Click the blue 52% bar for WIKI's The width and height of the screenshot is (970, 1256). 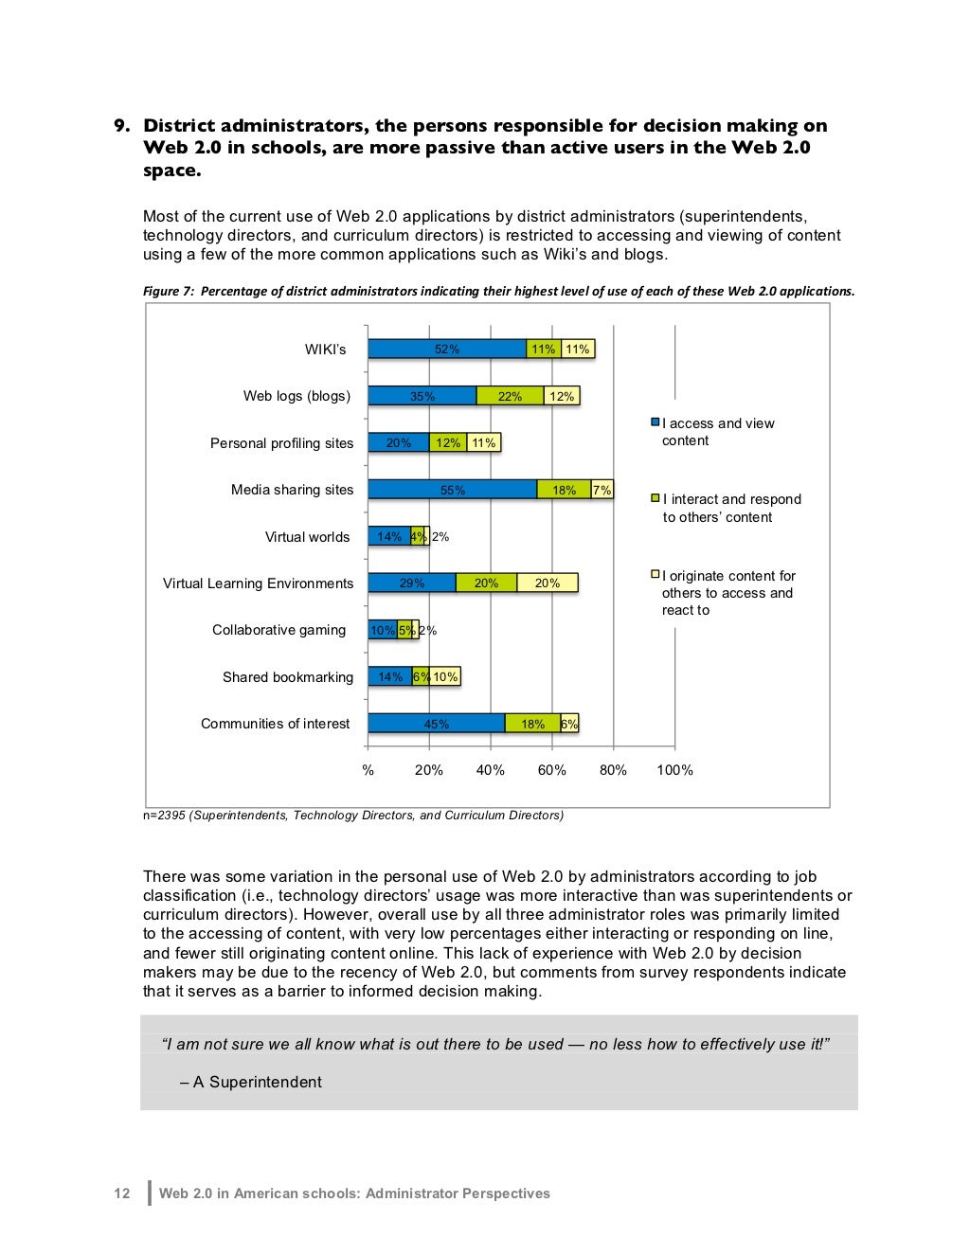click(x=447, y=349)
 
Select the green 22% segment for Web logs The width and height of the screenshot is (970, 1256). click(x=510, y=396)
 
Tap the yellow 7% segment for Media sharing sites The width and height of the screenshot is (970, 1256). click(x=602, y=490)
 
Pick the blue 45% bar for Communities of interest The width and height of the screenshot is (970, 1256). click(x=436, y=724)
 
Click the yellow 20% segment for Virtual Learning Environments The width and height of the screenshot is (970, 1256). click(x=548, y=583)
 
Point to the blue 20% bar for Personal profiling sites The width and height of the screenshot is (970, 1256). click(x=399, y=442)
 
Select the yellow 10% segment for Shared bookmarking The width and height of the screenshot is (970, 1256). click(x=445, y=676)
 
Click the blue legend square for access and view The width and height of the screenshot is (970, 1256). click(x=655, y=422)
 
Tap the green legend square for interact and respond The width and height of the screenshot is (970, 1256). click(x=655, y=498)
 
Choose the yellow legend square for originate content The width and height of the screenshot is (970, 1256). click(x=655, y=574)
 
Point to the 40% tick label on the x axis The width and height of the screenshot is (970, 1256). click(x=490, y=770)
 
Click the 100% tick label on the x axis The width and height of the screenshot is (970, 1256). click(x=674, y=770)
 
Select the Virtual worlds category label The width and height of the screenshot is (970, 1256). click(x=307, y=537)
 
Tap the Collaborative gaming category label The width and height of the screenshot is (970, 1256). click(x=278, y=630)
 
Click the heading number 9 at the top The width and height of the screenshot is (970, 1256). click(x=120, y=126)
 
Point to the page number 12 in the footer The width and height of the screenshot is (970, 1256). click(x=122, y=1193)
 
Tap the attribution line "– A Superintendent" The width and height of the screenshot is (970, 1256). click(x=251, y=1082)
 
